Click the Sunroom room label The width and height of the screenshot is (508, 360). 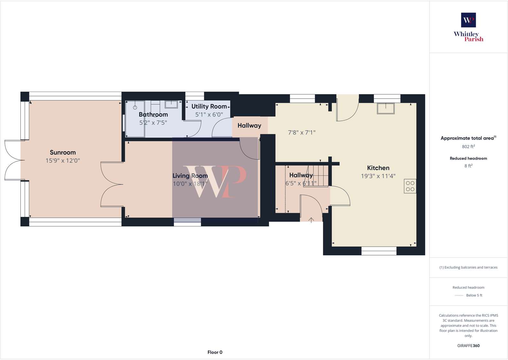(63, 153)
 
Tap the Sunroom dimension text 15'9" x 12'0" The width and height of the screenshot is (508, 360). (63, 161)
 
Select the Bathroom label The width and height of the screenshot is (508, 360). (153, 115)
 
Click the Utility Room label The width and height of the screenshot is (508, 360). (209, 106)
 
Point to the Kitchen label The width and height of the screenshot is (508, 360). (378, 168)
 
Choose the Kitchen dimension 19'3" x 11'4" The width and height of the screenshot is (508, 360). (378, 176)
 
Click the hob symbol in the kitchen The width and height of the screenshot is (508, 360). (410, 186)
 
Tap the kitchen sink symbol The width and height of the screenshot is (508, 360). (386, 108)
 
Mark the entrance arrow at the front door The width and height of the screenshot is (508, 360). (311, 220)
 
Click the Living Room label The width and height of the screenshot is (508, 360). (190, 176)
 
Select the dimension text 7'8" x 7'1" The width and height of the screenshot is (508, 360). (302, 133)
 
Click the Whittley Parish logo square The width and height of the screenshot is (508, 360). (468, 20)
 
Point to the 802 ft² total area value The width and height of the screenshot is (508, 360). (468, 147)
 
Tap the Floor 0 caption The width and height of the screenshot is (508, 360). (215, 352)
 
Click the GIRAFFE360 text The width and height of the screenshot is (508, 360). (468, 346)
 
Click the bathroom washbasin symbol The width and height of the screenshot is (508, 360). (171, 104)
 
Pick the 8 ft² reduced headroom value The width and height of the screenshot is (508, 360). (468, 166)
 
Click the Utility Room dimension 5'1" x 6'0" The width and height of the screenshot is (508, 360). (209, 115)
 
